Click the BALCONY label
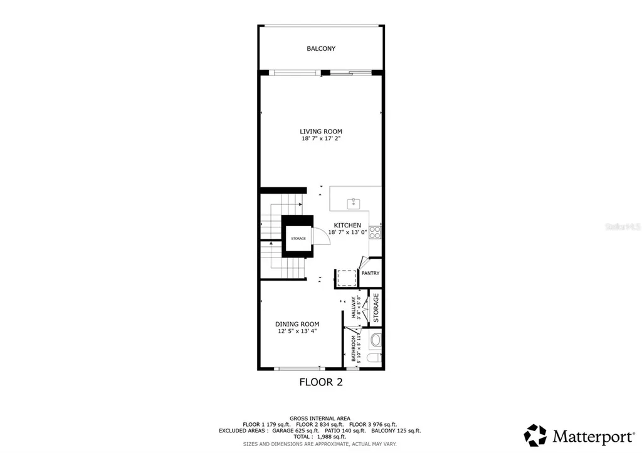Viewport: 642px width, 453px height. click(320, 48)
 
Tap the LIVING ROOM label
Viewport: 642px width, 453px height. click(320, 131)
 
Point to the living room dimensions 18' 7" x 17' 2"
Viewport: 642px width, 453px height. click(320, 138)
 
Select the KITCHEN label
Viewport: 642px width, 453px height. click(347, 225)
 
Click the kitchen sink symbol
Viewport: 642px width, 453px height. click(354, 202)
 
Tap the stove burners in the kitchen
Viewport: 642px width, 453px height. click(376, 232)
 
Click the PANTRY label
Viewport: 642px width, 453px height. click(370, 273)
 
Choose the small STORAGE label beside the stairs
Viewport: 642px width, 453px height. click(298, 239)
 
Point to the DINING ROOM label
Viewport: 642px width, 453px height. click(297, 324)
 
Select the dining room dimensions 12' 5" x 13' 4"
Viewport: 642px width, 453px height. click(297, 331)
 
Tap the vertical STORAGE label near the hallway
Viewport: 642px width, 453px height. click(376, 308)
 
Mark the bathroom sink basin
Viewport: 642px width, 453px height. click(376, 340)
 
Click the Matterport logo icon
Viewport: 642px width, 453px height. click(535, 435)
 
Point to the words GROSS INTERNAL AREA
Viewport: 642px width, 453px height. click(320, 418)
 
